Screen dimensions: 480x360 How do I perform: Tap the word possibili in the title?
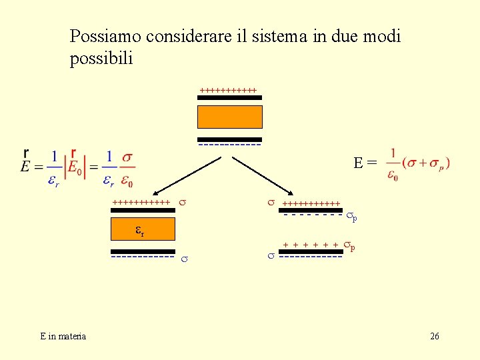(101, 59)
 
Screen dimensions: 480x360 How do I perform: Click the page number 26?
(434, 337)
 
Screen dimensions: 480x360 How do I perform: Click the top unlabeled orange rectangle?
(230, 117)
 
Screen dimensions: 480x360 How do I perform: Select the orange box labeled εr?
(142, 231)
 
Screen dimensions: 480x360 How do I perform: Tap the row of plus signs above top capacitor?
(228, 89)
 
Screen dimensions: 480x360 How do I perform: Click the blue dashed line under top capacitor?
(229, 145)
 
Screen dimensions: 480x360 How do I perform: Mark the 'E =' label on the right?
(365, 162)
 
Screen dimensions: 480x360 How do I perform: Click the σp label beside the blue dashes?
(351, 216)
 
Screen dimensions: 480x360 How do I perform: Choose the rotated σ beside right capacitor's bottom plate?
(271, 255)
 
